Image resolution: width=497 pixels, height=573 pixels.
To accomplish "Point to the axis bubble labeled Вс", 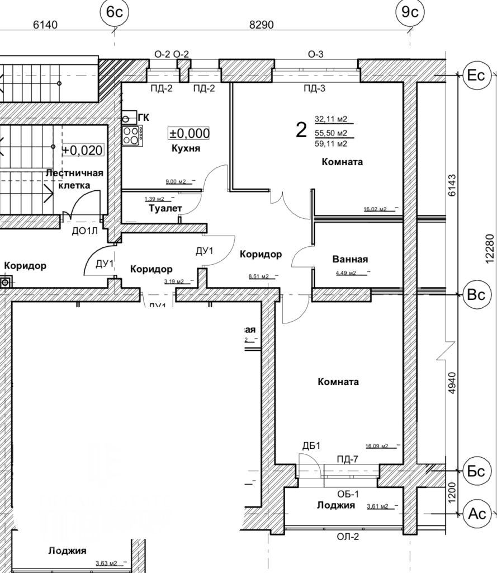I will click(476, 295).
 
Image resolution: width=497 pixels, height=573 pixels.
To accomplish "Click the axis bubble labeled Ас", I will click(476, 513).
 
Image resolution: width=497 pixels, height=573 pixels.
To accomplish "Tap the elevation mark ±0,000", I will click(190, 133).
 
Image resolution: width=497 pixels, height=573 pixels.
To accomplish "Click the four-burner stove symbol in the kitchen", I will click(132, 135).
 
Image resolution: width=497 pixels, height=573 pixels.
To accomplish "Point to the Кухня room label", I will click(186, 149).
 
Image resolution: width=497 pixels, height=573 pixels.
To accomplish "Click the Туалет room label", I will click(165, 208).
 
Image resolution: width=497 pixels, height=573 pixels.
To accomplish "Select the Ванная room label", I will click(350, 259).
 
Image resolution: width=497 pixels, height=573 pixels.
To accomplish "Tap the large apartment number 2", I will click(301, 130).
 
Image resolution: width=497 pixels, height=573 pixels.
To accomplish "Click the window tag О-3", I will click(316, 54).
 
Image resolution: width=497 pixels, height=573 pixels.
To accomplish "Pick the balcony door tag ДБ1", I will click(311, 446).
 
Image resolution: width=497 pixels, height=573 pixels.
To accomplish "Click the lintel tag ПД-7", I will click(347, 459).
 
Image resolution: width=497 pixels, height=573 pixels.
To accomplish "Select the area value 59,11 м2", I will click(331, 144).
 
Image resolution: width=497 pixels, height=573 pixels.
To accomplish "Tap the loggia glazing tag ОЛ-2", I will click(348, 538).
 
